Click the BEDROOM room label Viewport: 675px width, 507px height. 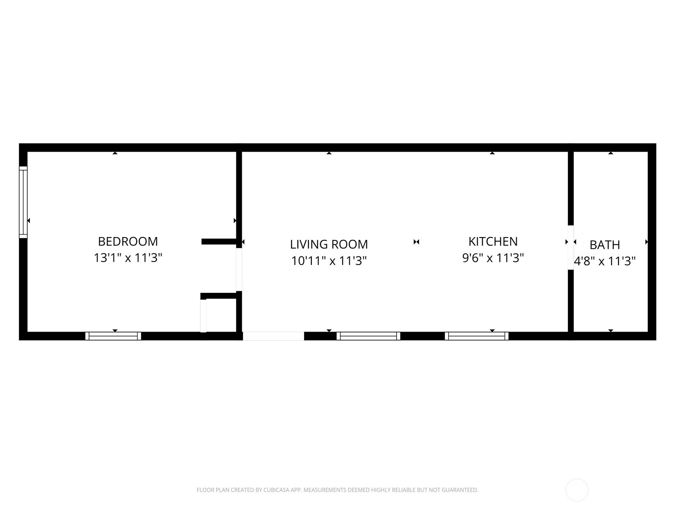coord(128,242)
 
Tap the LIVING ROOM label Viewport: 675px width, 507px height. coord(329,245)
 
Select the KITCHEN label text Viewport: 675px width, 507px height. coord(493,242)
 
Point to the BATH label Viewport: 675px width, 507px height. coord(604,245)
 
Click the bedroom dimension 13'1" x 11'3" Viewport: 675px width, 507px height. coord(128,258)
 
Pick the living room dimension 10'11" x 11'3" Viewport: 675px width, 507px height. coord(329,261)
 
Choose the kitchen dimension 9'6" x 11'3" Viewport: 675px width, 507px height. coord(493,258)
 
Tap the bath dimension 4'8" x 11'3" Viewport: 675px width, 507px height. coord(605,261)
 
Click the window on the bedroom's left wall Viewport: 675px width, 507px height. coord(23,202)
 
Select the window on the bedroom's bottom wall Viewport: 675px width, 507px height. coord(113,336)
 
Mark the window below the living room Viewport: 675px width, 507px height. coord(368,336)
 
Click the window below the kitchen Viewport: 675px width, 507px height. coord(476,336)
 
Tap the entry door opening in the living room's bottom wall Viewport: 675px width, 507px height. coord(273,336)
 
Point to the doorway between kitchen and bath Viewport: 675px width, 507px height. coord(571,248)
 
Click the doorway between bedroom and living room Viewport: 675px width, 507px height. coord(239,270)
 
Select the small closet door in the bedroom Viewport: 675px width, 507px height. coord(203,316)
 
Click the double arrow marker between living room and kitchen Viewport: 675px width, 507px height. coord(416,242)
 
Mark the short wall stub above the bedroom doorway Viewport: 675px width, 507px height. coord(219,242)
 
